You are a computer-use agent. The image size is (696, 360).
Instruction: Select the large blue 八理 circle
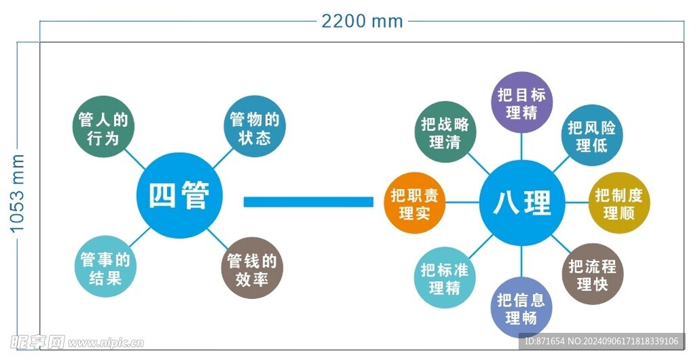[x=522, y=202]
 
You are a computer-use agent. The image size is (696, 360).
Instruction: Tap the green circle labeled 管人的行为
[x=103, y=129]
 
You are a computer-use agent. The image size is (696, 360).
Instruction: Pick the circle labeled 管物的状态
[x=254, y=128]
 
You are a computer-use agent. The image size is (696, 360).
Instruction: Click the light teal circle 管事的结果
[x=105, y=268]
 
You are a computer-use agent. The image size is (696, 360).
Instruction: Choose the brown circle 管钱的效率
[x=252, y=269]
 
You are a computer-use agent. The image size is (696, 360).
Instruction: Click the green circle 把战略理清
[x=445, y=133]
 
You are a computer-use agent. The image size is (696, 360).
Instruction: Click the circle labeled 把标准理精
[x=445, y=278]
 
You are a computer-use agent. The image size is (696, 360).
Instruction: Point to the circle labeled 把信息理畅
[x=521, y=308]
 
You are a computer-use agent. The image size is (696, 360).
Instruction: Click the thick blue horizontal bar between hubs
[x=309, y=202]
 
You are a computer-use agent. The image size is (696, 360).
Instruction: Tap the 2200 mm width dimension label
[x=362, y=22]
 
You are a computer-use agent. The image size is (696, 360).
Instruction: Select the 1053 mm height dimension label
[x=18, y=194]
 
